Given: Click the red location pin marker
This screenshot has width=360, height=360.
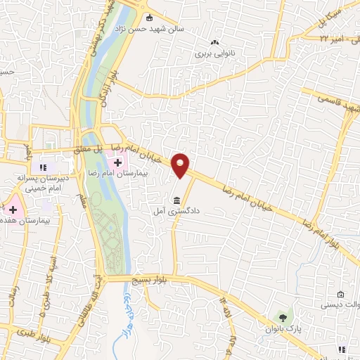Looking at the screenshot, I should pyautogui.click(x=181, y=165).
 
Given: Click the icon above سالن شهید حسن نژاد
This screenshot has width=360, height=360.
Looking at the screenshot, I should pyautogui.click(x=149, y=18).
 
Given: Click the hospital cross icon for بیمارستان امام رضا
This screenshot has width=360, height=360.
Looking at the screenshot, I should pyautogui.click(x=117, y=162).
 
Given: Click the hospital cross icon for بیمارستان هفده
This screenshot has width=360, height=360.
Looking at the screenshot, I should pyautogui.click(x=12, y=207).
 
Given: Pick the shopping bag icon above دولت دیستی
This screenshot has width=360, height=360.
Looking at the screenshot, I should pyautogui.click(x=340, y=294).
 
